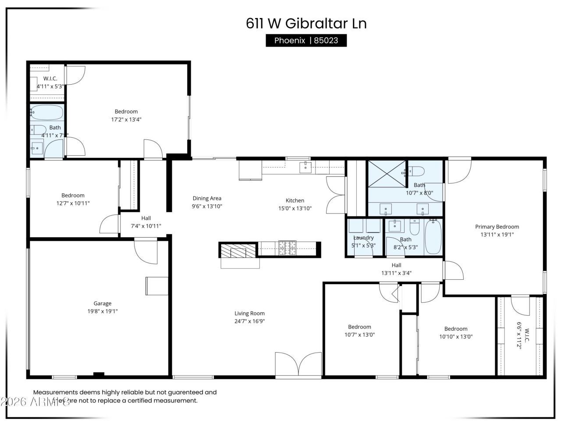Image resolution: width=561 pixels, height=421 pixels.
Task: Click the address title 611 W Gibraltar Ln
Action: point(306,23)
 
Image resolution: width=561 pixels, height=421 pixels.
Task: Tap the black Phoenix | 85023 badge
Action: point(306,40)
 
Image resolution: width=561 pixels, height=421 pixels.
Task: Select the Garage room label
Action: point(102,303)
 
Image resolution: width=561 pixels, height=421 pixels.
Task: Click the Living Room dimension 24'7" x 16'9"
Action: point(249,321)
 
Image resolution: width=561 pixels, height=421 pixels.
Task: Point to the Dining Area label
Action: point(207,199)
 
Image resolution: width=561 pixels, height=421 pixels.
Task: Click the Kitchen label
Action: point(295,201)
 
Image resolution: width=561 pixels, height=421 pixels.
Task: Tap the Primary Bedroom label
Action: point(497,227)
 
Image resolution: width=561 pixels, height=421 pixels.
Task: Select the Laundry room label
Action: point(363,238)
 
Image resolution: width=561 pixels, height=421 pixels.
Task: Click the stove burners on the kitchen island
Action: point(287,248)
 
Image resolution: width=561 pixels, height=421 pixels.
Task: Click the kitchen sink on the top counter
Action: point(305,167)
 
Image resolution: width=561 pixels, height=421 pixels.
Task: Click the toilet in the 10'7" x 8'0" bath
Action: point(417,171)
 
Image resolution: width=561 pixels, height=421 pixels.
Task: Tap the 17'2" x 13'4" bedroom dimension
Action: point(126,119)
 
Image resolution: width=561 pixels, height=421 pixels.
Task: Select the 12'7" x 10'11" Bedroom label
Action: point(73,196)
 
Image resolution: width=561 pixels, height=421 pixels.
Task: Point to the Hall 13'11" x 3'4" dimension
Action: point(396,273)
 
